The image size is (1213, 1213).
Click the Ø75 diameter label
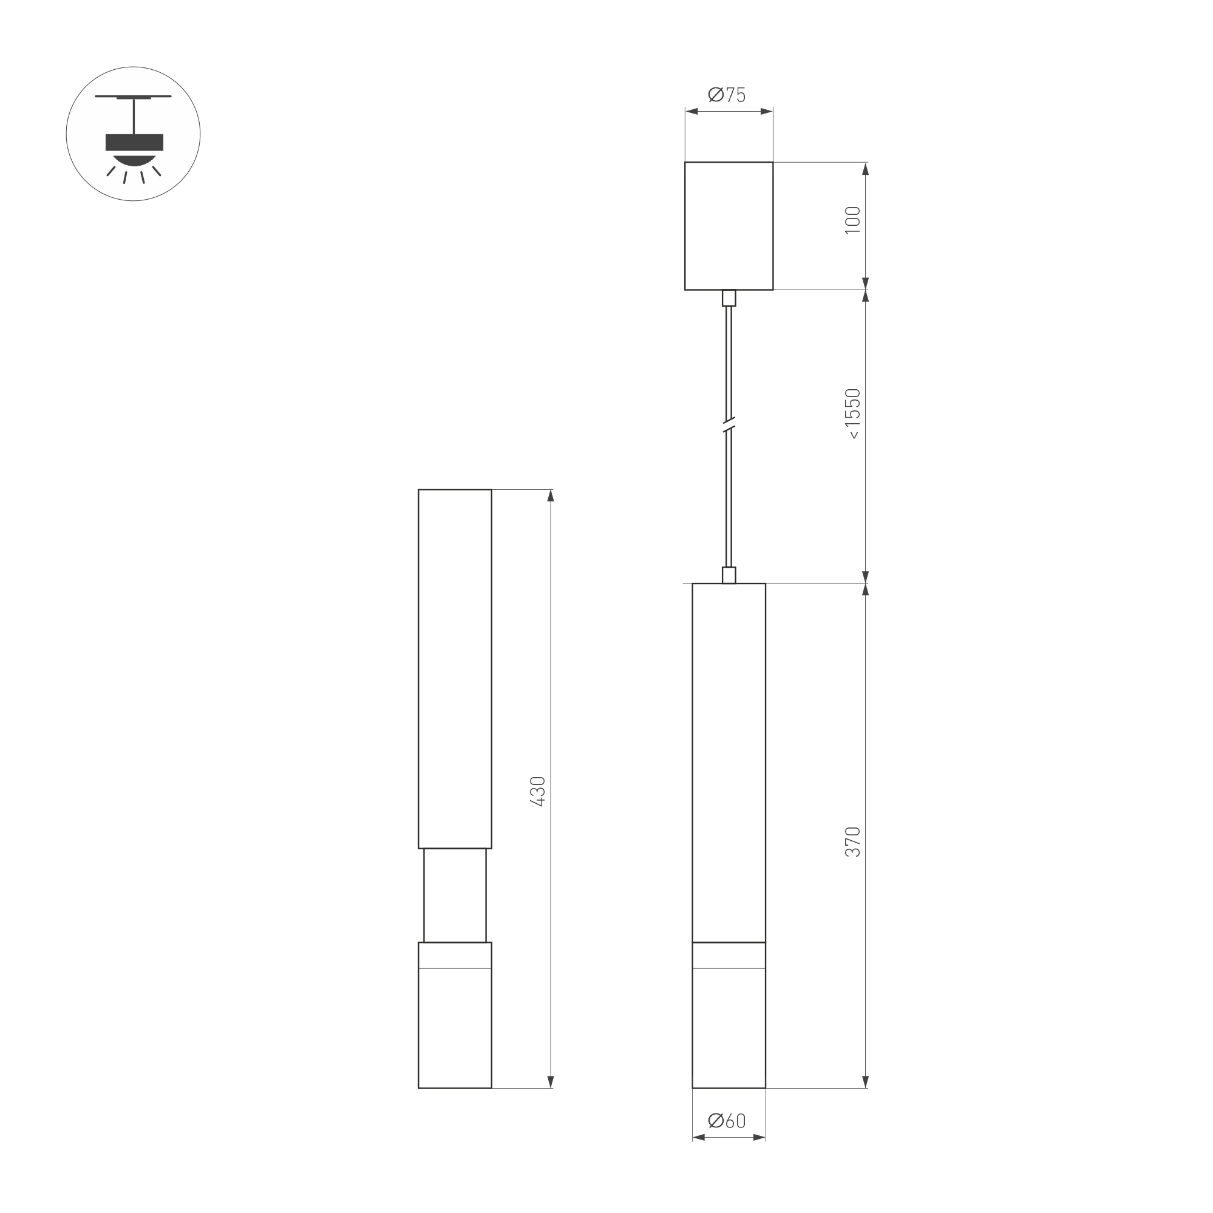point(727,95)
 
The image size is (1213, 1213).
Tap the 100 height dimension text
point(852,220)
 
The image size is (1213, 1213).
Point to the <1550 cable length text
point(852,414)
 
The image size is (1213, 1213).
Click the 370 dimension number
point(852,842)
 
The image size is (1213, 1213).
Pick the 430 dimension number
point(537,791)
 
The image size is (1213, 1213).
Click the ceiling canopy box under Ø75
point(729,226)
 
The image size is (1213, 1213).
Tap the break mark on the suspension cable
point(729,425)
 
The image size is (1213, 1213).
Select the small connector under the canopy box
point(729,297)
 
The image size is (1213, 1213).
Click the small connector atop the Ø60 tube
point(729,575)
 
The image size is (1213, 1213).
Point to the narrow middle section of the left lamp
point(455,895)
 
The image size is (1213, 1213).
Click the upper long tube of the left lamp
point(455,668)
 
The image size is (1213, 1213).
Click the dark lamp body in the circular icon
point(134,143)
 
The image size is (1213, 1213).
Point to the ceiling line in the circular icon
point(133,97)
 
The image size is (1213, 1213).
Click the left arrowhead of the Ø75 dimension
point(691,112)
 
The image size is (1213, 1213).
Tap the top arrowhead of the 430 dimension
point(551,496)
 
